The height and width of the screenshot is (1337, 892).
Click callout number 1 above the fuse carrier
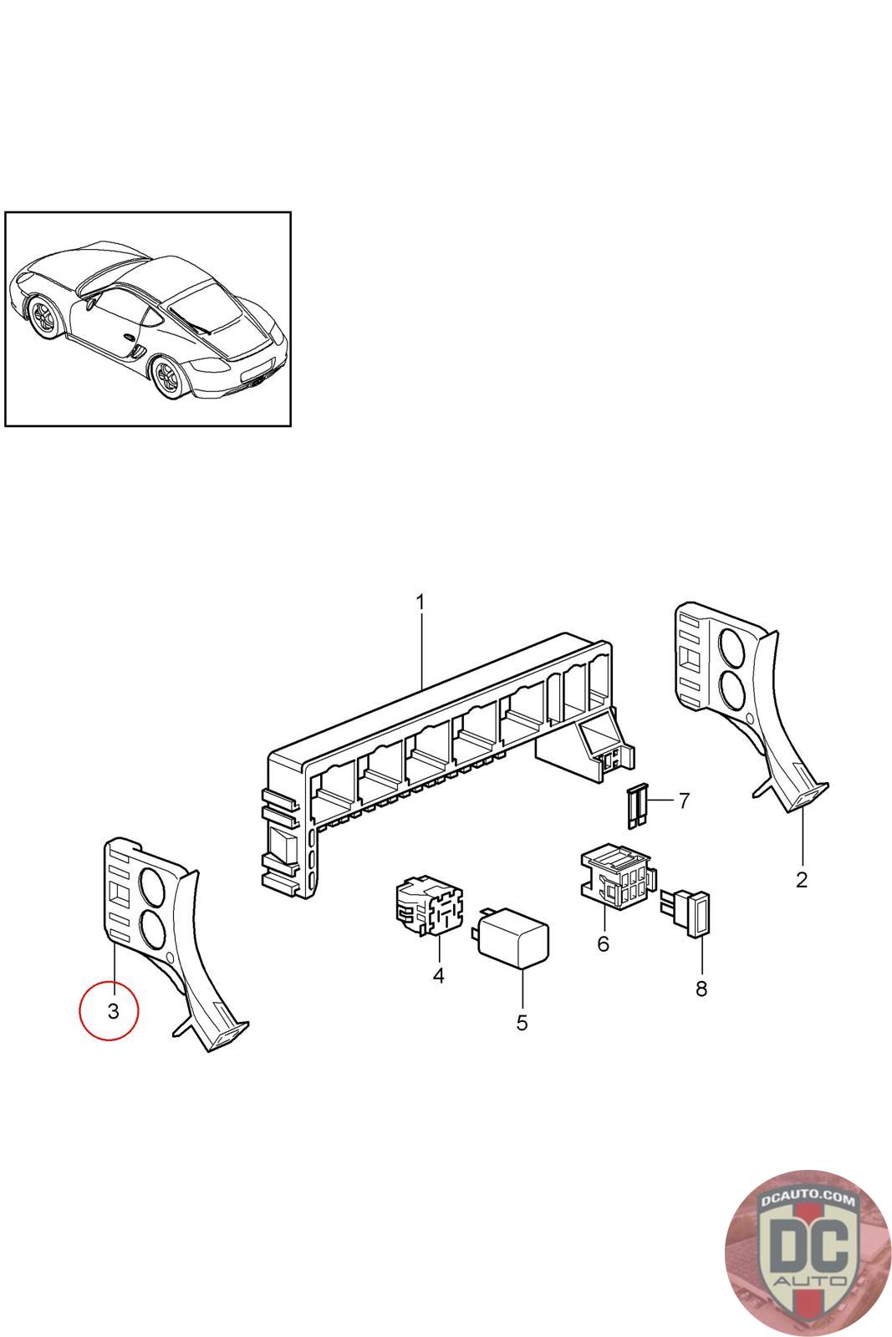point(421,602)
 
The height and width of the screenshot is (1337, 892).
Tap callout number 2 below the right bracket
point(801,880)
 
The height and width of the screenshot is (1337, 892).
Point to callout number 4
point(438,975)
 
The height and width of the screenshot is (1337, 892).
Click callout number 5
point(522,1023)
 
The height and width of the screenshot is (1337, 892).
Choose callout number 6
point(603,944)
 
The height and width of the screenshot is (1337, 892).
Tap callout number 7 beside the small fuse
point(684,801)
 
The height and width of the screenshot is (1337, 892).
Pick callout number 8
point(701,989)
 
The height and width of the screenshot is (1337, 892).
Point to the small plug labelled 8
point(688,913)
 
